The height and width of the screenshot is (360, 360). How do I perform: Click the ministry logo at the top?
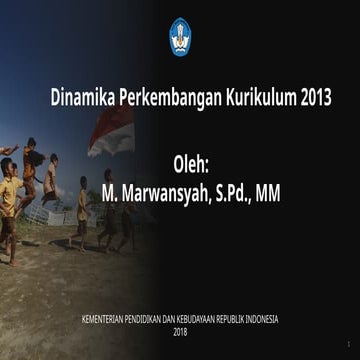180,36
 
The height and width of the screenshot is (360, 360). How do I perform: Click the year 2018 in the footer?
180,331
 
